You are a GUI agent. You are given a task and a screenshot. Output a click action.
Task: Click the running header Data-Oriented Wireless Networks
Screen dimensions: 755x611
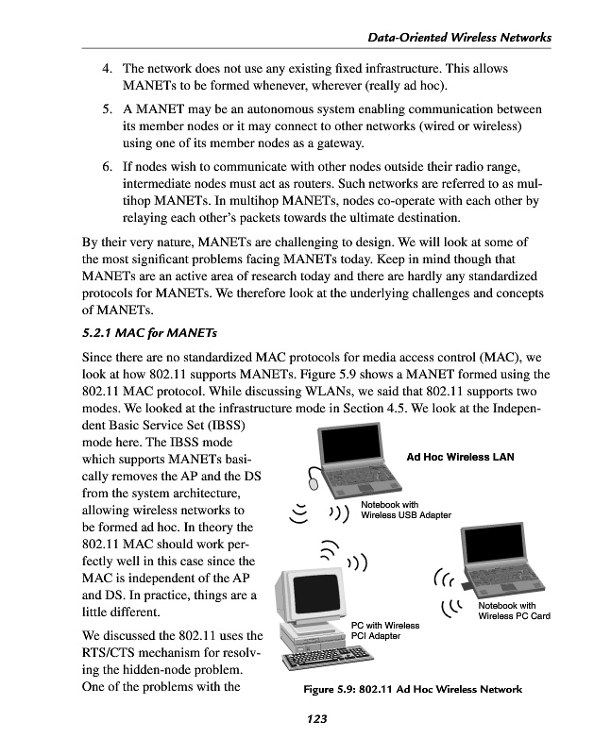click(457, 37)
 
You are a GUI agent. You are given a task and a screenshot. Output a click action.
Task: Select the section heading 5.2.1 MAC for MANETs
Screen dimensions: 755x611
click(150, 332)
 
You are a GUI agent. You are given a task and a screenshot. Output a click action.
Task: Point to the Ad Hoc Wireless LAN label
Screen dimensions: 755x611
click(460, 457)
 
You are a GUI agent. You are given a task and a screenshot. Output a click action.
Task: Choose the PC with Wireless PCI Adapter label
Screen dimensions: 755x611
click(384, 630)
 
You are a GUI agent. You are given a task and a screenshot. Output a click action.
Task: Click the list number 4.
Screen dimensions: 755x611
click(109, 70)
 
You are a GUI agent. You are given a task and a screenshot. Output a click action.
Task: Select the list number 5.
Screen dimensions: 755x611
click(109, 107)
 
